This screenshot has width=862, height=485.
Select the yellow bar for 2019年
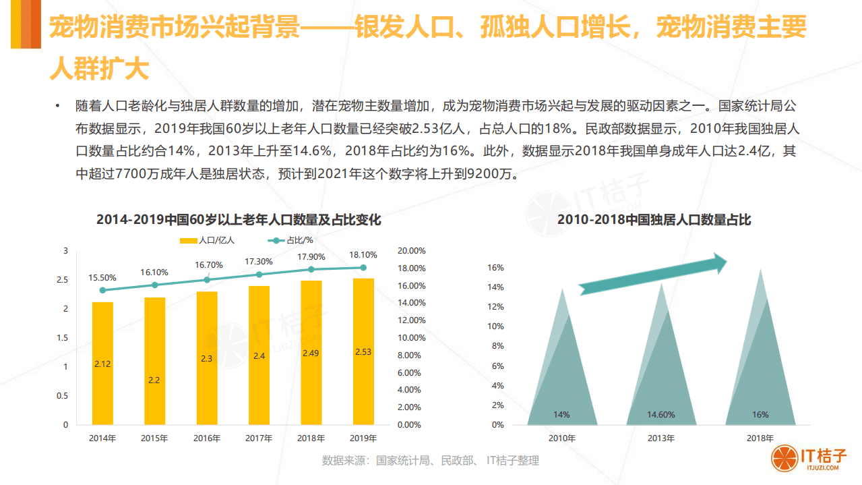(363, 351)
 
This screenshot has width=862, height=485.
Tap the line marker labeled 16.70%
(207, 279)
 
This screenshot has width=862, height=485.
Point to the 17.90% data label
(311, 256)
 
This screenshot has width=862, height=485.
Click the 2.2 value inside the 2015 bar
(154, 380)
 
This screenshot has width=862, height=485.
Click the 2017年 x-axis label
(259, 438)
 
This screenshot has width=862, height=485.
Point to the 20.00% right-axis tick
(411, 251)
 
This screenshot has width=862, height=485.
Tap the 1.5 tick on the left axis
(65, 338)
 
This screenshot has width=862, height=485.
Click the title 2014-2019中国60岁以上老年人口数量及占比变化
(239, 220)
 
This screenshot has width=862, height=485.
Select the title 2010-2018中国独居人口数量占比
(654, 220)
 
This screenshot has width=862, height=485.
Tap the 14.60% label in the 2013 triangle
(661, 415)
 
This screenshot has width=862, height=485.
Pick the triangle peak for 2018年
(761, 271)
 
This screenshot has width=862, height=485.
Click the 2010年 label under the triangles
(562, 438)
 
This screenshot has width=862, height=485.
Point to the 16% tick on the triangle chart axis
(496, 268)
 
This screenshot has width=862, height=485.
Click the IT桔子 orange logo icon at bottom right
(784, 458)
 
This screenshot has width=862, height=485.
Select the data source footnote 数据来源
(430, 461)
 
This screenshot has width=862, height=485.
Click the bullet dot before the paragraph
(59, 106)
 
